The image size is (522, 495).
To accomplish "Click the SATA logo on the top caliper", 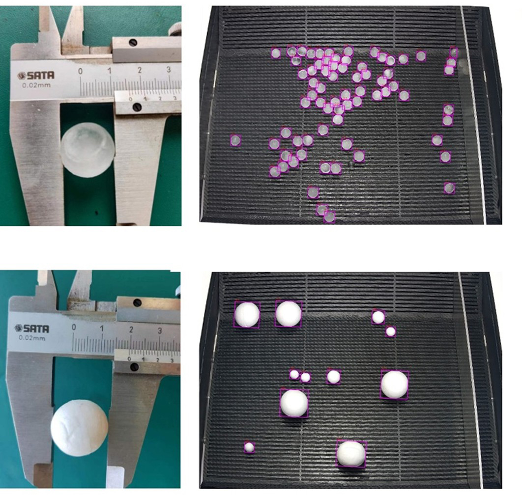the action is click(x=35, y=76).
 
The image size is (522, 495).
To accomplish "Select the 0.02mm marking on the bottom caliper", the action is click(x=32, y=338).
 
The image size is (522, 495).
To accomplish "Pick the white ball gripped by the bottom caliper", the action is click(x=79, y=427).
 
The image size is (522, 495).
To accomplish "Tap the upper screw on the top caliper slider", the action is click(x=133, y=43).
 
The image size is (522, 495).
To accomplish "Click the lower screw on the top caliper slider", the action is click(x=137, y=107).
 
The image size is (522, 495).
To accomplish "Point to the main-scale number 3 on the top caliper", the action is click(x=169, y=70).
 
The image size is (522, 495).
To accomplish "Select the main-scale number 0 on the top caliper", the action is click(x=80, y=71).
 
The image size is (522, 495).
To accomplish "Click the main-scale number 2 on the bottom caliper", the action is click(x=131, y=330).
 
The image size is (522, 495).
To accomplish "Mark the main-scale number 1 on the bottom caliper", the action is click(x=102, y=329).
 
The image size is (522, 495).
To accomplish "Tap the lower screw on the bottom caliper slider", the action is click(x=135, y=367).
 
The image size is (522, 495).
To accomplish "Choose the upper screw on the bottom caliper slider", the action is click(x=137, y=302).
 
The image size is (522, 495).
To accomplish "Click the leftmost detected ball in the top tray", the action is click(x=235, y=140).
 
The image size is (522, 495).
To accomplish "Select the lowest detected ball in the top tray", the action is click(x=329, y=218).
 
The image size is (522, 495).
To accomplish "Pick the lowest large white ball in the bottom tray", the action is click(x=351, y=454).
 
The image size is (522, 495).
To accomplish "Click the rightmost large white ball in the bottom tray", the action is click(x=395, y=385).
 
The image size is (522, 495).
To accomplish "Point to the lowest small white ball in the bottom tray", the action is click(x=249, y=447).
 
